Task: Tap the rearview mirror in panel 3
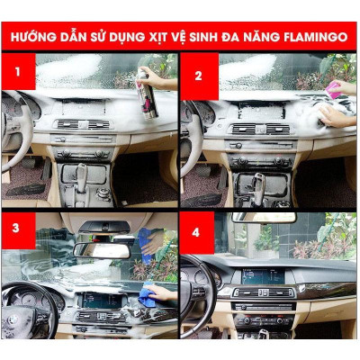pyautogui.click(x=103, y=249)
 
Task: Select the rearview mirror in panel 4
pyautogui.click(x=262, y=218)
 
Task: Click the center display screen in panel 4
pyautogui.click(x=262, y=276)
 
